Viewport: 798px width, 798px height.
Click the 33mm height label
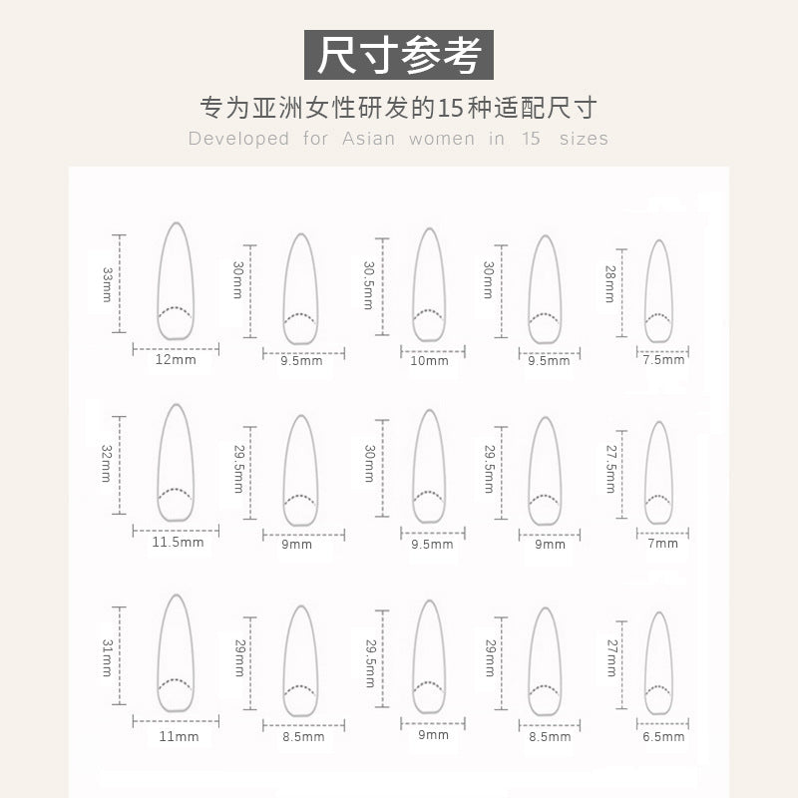[107, 284]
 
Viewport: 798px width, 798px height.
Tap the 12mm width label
[176, 360]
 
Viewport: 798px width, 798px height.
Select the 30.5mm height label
[368, 285]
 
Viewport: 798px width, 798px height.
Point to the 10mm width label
[430, 361]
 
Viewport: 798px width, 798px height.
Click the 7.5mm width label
[663, 360]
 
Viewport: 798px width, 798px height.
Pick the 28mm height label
[610, 284]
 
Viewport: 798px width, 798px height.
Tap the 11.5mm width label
[179, 542]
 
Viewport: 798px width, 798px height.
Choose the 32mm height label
[106, 464]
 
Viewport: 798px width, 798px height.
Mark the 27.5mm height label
[611, 469]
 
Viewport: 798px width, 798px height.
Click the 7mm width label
[663, 544]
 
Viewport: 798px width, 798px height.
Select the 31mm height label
[107, 657]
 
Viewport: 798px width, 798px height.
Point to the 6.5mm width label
[663, 737]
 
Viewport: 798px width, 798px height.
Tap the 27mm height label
[611, 657]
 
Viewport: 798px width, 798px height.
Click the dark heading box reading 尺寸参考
[398, 55]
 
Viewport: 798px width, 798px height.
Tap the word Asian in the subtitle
[369, 139]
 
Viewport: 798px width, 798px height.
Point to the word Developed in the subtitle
[238, 139]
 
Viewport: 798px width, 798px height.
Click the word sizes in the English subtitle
[584, 139]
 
